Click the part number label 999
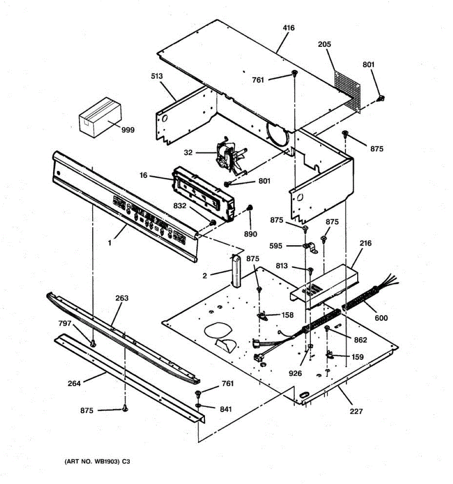pyautogui.click(x=128, y=130)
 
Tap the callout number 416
pyautogui.click(x=289, y=28)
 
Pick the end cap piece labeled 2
pyautogui.click(x=236, y=271)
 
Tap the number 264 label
pyautogui.click(x=74, y=383)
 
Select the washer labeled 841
pyautogui.click(x=199, y=405)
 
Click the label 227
pyautogui.click(x=356, y=411)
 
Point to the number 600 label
pyautogui.click(x=381, y=318)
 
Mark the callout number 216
pyautogui.click(x=366, y=243)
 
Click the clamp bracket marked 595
pyautogui.click(x=310, y=247)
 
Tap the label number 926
pyautogui.click(x=295, y=373)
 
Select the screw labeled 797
pyautogui.click(x=93, y=343)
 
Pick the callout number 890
pyautogui.click(x=250, y=234)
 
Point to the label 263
pyautogui.click(x=122, y=298)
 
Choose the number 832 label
pyautogui.click(x=180, y=206)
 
